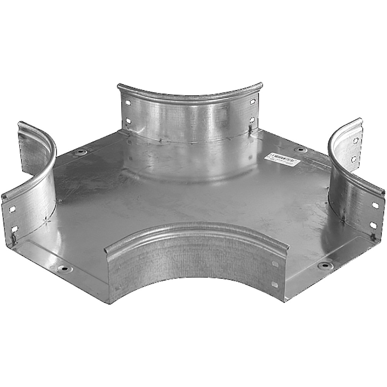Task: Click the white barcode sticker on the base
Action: point(282,160)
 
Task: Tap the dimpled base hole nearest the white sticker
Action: point(300,150)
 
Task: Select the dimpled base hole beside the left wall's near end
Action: point(63,268)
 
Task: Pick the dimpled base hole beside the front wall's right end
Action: point(324,265)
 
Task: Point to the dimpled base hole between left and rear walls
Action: point(80,152)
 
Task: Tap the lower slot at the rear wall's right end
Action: point(252,120)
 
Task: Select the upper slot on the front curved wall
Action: point(275,264)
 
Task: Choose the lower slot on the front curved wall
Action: point(275,284)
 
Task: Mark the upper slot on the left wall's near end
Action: point(13,209)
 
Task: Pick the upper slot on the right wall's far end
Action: point(354,141)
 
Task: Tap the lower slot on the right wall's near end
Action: point(373,225)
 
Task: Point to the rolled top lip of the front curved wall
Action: point(193,228)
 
